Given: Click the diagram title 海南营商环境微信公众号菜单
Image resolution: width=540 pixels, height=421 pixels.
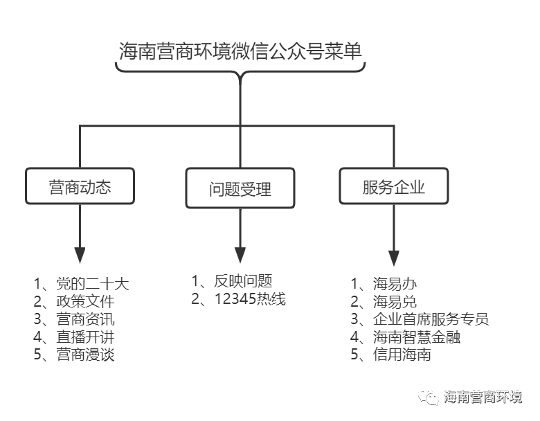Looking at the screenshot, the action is pyautogui.click(x=240, y=51).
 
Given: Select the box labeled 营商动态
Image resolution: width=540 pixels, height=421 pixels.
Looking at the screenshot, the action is pyautogui.click(x=80, y=186).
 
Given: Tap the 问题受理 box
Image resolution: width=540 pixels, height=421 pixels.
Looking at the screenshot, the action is pyautogui.click(x=240, y=188).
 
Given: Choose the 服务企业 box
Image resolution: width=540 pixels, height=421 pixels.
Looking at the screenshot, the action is pyautogui.click(x=394, y=186).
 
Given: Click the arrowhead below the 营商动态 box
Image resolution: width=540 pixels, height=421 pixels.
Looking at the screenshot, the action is pyautogui.click(x=80, y=255).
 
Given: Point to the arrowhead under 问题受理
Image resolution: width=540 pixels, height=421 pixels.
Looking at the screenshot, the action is pyautogui.click(x=240, y=255).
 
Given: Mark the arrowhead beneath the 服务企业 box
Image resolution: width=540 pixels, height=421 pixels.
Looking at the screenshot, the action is pyautogui.click(x=394, y=258).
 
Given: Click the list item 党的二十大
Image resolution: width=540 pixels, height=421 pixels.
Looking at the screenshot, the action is pyautogui.click(x=93, y=284).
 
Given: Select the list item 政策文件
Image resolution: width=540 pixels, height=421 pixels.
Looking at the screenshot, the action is pyautogui.click(x=85, y=301).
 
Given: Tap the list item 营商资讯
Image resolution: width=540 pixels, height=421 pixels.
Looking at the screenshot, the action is pyautogui.click(x=85, y=319).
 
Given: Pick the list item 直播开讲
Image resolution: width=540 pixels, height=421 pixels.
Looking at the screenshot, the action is pyautogui.click(x=85, y=337).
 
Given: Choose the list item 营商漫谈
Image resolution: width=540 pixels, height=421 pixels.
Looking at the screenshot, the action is pyautogui.click(x=85, y=355).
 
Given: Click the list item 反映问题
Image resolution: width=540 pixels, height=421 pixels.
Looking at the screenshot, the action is pyautogui.click(x=243, y=281).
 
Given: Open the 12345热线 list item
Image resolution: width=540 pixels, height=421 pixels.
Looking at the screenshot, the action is pyautogui.click(x=250, y=298).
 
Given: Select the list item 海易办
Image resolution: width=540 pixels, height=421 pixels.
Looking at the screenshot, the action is pyautogui.click(x=395, y=284).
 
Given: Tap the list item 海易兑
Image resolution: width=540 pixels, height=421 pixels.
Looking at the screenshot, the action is pyautogui.click(x=395, y=301).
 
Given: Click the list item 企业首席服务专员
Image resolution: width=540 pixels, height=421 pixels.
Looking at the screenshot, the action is pyautogui.click(x=431, y=319).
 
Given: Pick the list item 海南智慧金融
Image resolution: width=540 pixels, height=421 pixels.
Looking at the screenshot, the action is pyautogui.click(x=417, y=337).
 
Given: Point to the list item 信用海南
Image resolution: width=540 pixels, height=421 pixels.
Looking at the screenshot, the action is pyautogui.click(x=402, y=355).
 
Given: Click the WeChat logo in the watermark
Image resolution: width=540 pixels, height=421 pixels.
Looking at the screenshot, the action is pyautogui.click(x=428, y=397).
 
